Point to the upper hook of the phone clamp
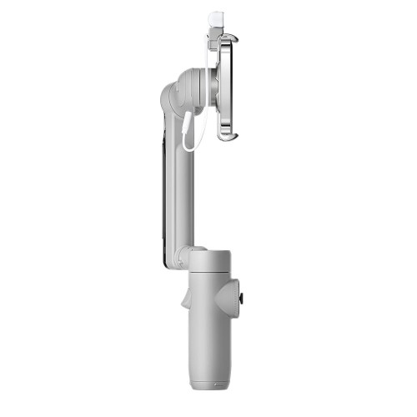231,39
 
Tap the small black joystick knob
243,298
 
